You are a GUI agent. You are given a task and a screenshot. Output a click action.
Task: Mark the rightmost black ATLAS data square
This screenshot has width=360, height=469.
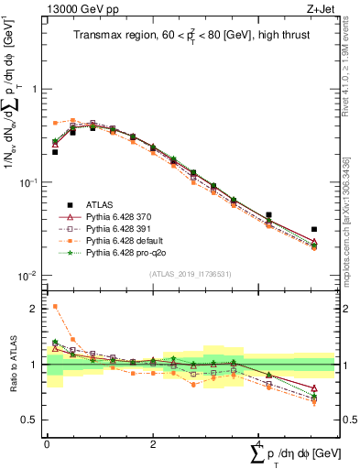[314, 229]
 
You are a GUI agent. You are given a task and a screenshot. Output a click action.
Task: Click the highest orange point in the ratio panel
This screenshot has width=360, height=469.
[55, 307]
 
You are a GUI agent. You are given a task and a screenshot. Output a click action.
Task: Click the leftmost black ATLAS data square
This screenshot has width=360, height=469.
[55, 152]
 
